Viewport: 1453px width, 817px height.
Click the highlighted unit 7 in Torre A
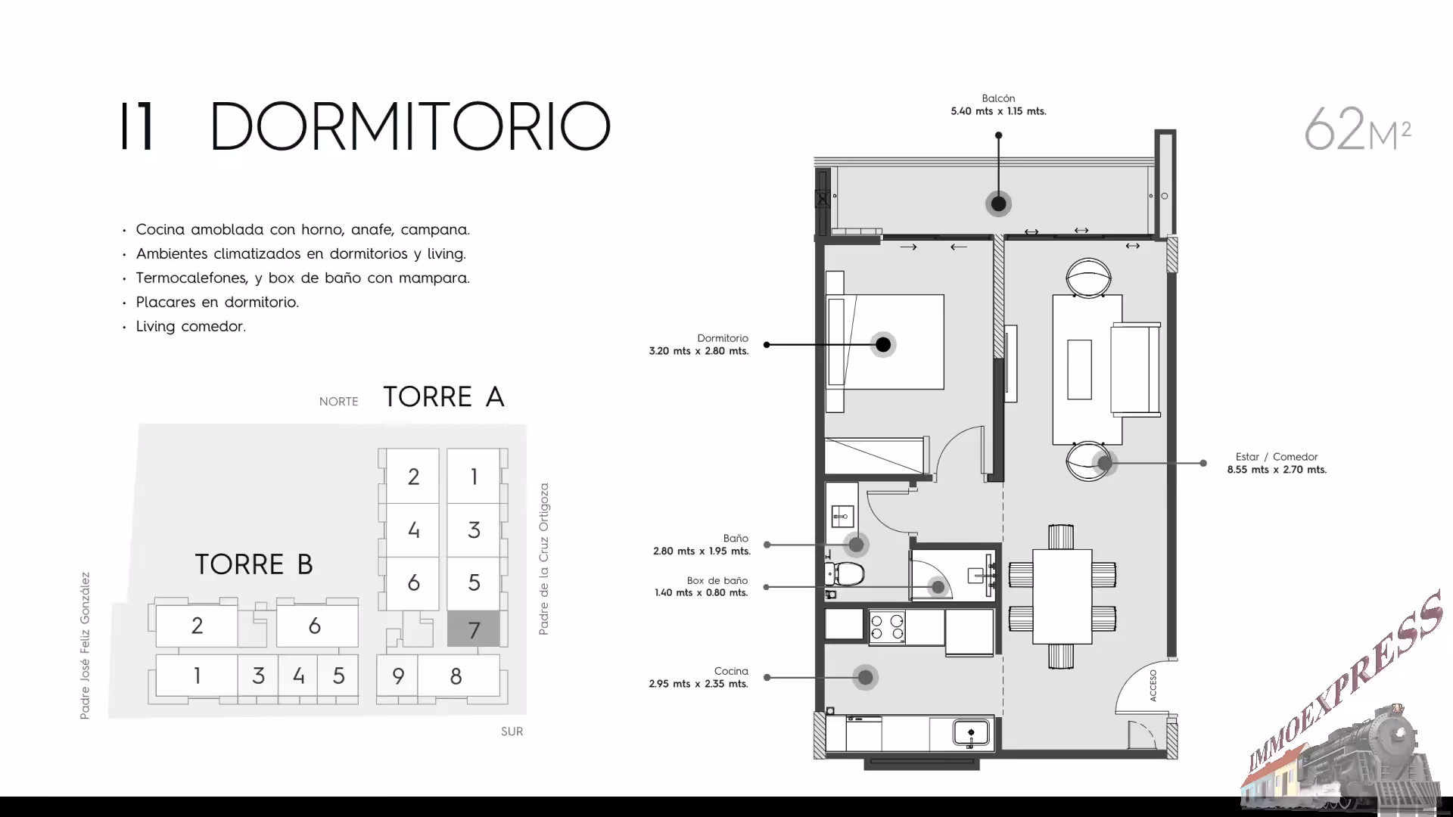[474, 629]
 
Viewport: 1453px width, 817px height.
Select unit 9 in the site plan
[398, 676]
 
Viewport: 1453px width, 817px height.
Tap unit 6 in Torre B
[315, 626]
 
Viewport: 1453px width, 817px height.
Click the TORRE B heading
[254, 564]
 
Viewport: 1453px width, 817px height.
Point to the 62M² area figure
[1358, 129]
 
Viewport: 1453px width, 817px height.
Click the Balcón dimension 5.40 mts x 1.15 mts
[998, 111]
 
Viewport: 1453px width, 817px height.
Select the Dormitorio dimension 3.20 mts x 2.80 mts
[698, 351]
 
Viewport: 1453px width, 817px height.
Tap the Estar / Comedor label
[1277, 457]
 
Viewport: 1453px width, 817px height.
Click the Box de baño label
[717, 581]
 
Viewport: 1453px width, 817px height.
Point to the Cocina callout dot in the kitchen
[865, 677]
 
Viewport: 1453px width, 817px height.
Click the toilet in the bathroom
[845, 574]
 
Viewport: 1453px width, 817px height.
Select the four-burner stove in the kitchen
[887, 628]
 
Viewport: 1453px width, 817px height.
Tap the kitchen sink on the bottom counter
[971, 733]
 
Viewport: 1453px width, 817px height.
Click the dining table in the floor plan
[1062, 597]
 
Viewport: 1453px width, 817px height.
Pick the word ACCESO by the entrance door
[1153, 685]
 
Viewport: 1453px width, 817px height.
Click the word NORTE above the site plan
[338, 402]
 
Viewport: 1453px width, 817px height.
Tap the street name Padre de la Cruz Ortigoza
[543, 559]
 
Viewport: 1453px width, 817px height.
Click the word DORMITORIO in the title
[409, 126]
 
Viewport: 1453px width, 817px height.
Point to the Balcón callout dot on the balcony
[998, 203]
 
